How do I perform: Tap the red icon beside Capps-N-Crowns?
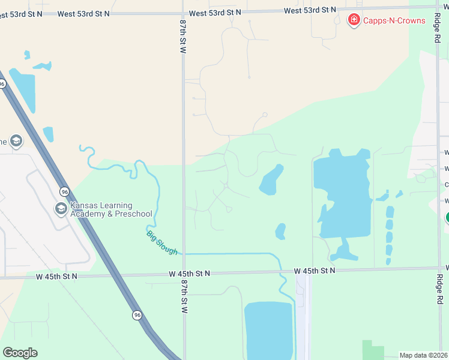pyautogui.click(x=354, y=20)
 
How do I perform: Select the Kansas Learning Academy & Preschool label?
pyautogui.click(x=111, y=209)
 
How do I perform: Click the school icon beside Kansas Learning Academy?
pyautogui.click(x=61, y=209)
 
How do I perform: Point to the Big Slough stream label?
pyautogui.click(x=162, y=242)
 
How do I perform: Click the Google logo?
pyautogui.click(x=20, y=353)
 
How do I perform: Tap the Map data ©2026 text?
pyautogui.click(x=424, y=355)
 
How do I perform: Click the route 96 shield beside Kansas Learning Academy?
pyautogui.click(x=64, y=191)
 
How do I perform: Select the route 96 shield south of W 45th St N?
pyautogui.click(x=137, y=314)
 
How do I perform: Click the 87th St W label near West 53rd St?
pyautogui.click(x=183, y=36)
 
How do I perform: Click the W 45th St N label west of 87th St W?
pyautogui.click(x=57, y=277)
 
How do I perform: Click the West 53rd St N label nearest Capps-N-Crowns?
pyautogui.click(x=310, y=10)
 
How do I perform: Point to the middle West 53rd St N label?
pyautogui.click(x=215, y=13)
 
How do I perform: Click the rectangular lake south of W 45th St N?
pyautogui.click(x=268, y=330)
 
